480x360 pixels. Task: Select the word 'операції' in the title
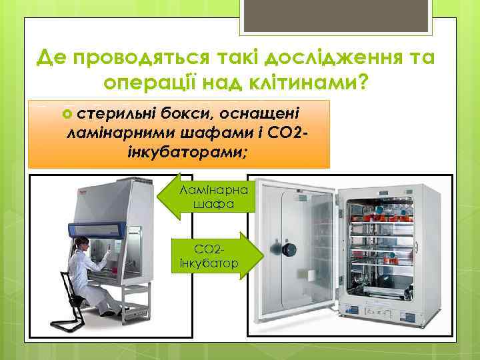[144, 82]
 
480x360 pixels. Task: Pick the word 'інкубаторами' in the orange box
[187, 153]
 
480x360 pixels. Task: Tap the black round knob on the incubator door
[289, 249]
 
